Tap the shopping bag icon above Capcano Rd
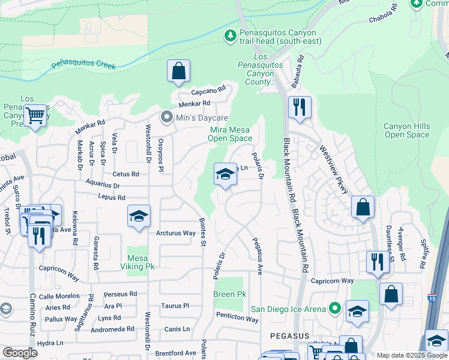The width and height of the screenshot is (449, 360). coord(178,71)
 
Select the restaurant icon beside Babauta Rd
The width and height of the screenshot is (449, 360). coord(298,107)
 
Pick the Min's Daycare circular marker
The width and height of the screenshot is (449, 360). coord(166,118)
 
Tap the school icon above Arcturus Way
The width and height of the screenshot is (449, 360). coord(139,216)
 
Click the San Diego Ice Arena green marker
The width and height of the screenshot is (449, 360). coord(335,309)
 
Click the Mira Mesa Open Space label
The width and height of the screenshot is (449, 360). coord(230,134)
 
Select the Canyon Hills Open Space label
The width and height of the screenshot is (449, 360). coord(407,130)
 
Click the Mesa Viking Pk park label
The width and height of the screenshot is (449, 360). coord(138,263)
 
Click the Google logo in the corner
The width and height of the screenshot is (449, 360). coord(20,353)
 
